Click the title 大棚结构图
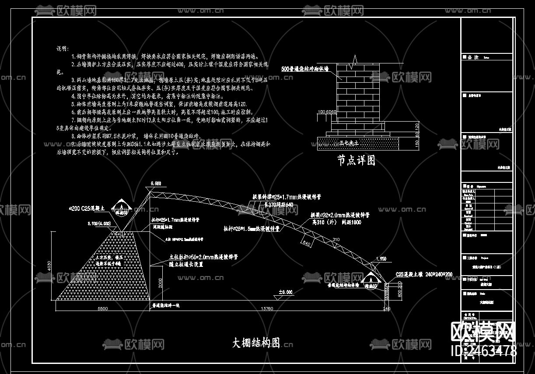256,343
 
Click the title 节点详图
356,161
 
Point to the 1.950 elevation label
381,259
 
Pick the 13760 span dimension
267,308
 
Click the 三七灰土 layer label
349,143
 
